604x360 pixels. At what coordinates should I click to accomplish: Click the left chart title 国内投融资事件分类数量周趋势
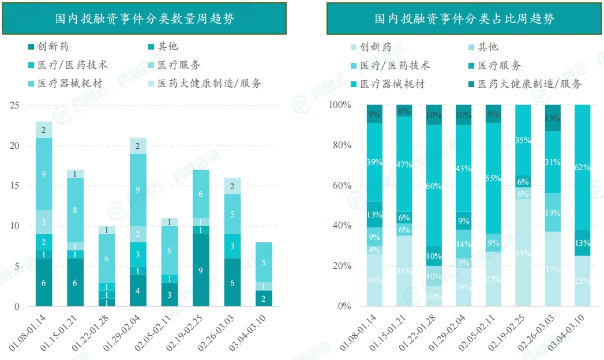144,18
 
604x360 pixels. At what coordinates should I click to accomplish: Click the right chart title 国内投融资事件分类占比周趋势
464,18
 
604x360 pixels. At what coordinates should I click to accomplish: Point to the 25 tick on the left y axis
15,106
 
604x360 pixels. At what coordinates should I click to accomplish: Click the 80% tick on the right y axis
340,145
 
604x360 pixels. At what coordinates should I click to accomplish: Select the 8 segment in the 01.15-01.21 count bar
75,210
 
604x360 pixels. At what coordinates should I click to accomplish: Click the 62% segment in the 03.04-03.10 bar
583,167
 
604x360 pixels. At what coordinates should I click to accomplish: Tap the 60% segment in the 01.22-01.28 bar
434,185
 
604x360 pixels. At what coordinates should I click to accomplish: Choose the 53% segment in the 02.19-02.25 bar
523,253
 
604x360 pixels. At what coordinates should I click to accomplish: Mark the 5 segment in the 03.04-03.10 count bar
264,262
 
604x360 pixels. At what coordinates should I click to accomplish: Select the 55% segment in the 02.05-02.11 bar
493,178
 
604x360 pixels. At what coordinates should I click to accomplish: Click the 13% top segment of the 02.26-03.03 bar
553,118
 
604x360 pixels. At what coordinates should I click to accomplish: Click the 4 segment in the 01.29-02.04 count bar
138,290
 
